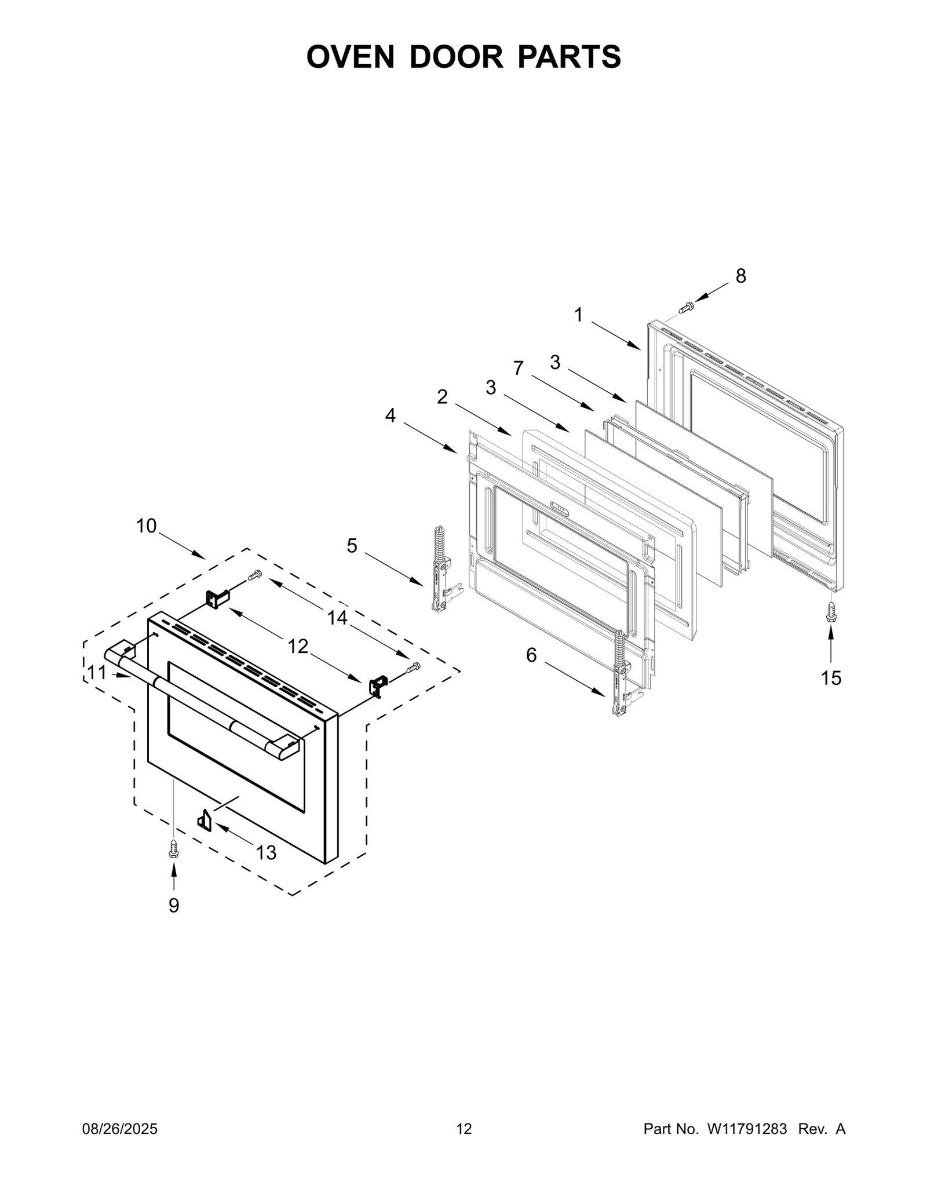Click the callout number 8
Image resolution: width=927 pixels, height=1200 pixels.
740,276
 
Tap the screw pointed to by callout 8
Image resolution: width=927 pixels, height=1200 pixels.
687,307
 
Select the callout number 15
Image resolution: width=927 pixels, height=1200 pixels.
831,678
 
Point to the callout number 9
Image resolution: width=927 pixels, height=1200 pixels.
174,905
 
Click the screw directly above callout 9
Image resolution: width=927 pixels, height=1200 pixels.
173,849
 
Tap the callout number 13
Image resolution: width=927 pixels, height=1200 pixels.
266,852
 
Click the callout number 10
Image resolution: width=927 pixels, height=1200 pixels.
147,526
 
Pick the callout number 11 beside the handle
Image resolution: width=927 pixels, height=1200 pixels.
97,672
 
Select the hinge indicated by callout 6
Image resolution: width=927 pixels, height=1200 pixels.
621,674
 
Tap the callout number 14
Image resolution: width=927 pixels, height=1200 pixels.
337,618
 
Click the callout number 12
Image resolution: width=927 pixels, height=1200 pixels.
298,646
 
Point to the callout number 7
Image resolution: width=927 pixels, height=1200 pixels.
518,367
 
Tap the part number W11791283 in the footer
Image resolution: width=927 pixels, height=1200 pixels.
746,1129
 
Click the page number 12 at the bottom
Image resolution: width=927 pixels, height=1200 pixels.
464,1129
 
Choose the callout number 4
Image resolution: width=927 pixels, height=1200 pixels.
390,415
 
